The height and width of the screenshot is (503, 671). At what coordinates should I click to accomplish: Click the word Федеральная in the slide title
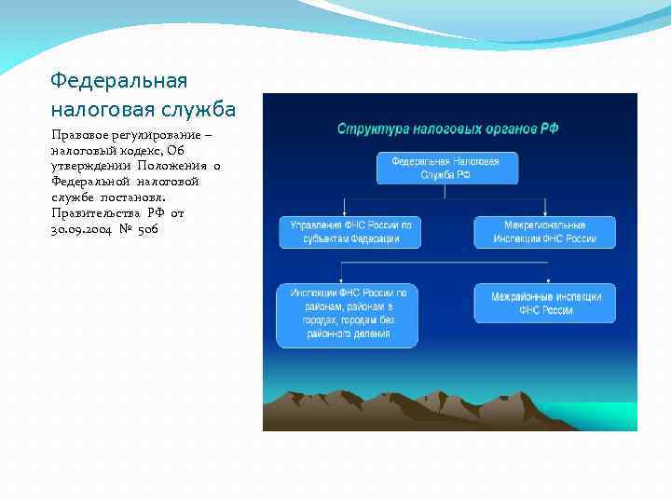119,81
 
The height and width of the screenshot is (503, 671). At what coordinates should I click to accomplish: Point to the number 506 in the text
148,228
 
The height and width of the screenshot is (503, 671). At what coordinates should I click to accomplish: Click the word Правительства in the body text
96,212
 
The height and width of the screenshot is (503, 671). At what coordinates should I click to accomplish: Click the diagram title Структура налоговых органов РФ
447,128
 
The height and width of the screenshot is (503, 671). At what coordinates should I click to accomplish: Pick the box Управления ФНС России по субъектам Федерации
350,232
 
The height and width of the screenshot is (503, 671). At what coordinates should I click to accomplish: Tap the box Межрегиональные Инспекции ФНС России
544,232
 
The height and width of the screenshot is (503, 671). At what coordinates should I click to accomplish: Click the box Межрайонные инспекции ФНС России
545,303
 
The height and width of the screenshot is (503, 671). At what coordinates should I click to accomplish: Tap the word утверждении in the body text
92,166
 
